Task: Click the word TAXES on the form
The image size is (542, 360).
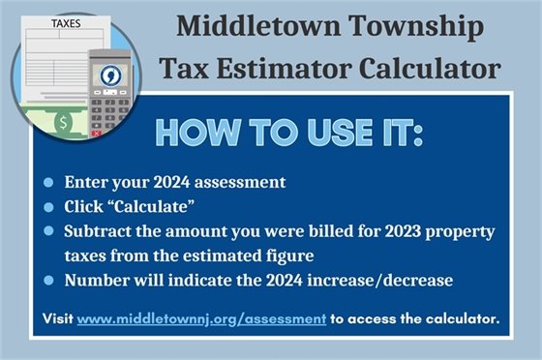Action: click(67, 17)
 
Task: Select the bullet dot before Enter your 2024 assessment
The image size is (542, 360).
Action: click(48, 182)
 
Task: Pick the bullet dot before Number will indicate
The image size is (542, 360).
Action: click(48, 282)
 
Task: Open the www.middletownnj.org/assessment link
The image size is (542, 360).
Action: click(200, 319)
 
